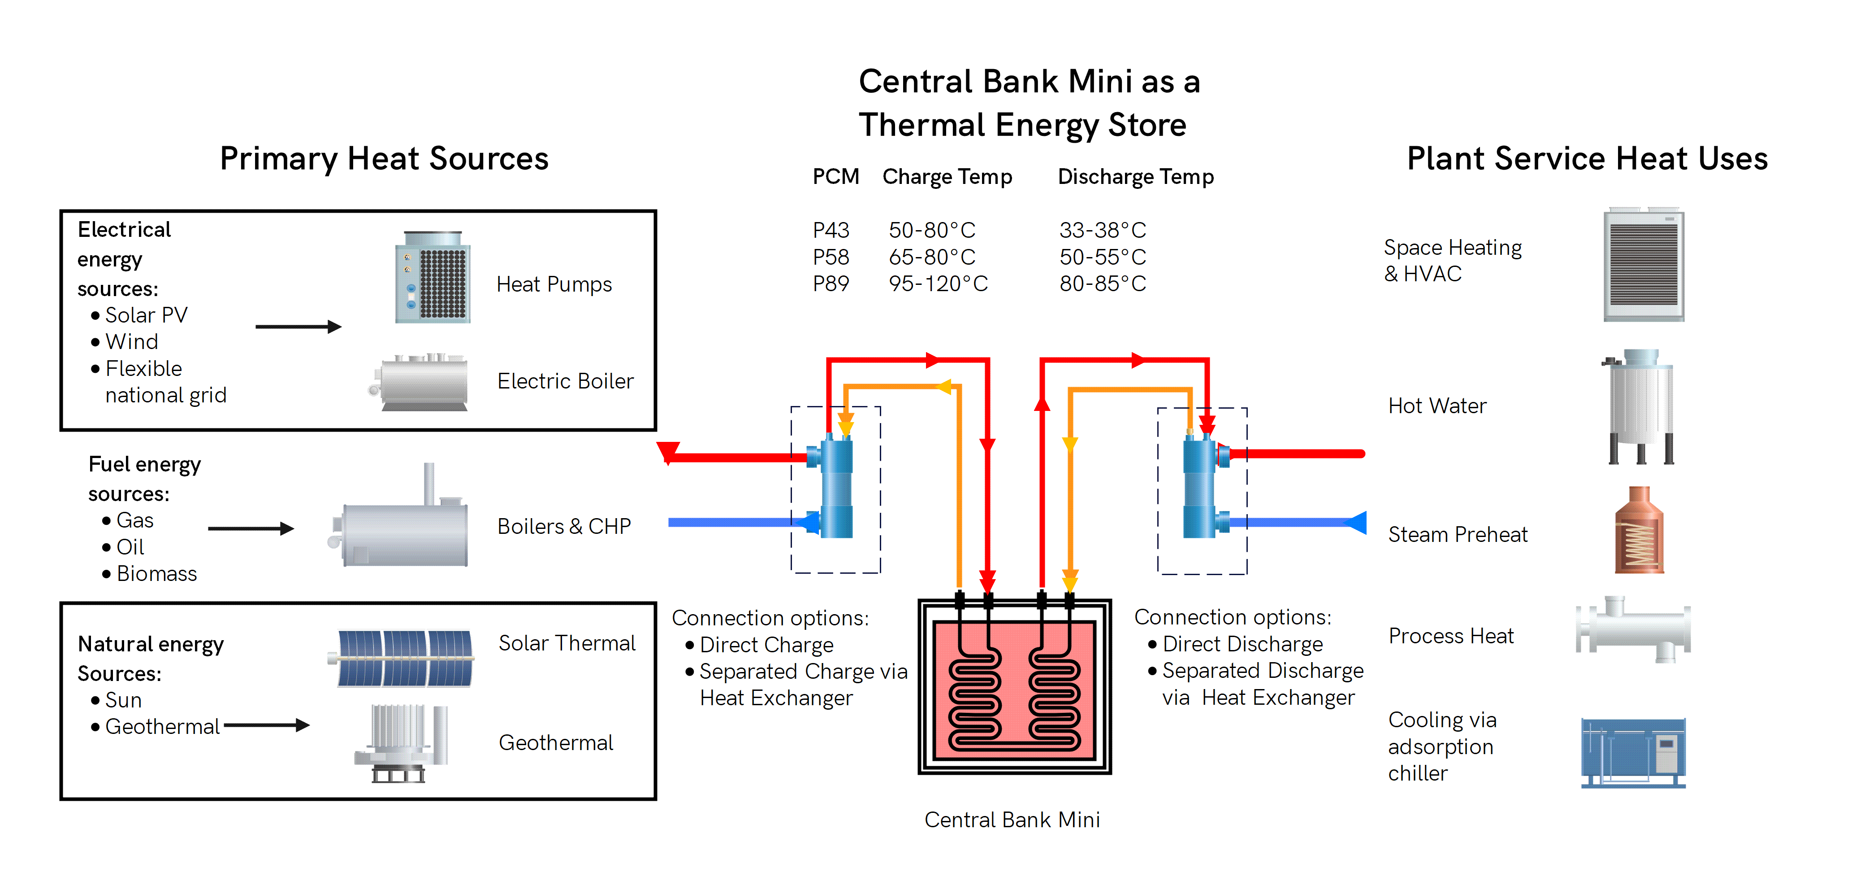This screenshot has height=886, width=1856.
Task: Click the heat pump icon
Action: (x=433, y=278)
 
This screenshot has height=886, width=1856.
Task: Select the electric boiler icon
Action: (x=421, y=384)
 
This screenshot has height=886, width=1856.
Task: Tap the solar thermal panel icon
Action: (x=404, y=658)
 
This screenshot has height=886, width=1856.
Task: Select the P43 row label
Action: (x=831, y=231)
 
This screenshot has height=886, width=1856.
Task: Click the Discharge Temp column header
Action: (x=1135, y=177)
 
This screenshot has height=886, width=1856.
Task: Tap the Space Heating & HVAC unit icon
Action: (x=1644, y=265)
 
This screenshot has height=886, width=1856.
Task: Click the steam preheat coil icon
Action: (x=1639, y=531)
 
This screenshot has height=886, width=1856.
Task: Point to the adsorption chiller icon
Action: (x=1633, y=753)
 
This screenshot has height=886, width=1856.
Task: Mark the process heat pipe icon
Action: (x=1633, y=629)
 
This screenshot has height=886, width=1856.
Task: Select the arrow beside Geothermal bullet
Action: (x=267, y=725)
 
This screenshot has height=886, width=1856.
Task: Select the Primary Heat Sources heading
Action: (x=384, y=159)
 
